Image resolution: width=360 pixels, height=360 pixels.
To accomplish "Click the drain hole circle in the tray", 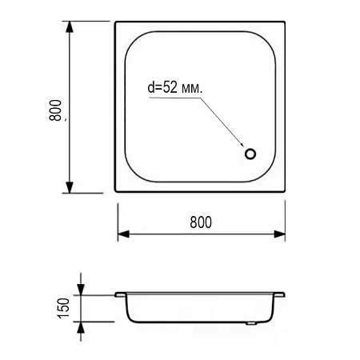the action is click(x=250, y=150).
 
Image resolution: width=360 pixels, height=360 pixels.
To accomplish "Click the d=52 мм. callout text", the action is click(x=175, y=87).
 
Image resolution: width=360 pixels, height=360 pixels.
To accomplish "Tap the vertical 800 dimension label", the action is click(x=55, y=110).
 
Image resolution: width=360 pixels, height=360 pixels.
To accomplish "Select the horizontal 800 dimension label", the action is click(x=201, y=222).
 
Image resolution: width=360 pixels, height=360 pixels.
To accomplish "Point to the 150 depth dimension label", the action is click(x=63, y=308).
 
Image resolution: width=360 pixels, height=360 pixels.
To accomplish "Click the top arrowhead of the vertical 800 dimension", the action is click(x=70, y=27).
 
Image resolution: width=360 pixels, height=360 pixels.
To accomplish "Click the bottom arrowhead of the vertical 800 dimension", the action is click(x=70, y=187).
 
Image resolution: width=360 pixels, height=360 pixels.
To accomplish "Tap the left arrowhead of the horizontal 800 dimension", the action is click(x=123, y=234).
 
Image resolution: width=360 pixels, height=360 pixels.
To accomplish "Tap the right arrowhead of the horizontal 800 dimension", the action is click(x=279, y=234).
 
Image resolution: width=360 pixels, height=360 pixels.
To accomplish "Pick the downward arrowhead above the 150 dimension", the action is click(x=81, y=290).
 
